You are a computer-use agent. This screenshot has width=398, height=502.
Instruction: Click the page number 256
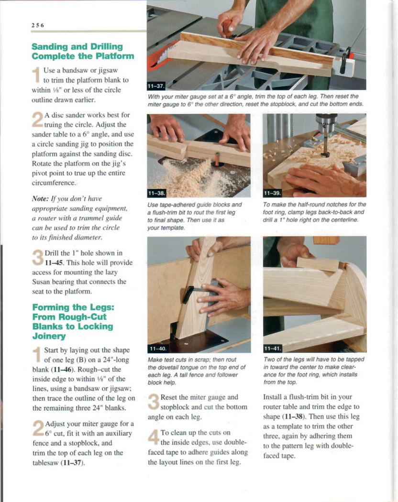(37, 25)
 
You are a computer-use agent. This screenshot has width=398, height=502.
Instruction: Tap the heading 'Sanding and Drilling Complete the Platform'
(83, 51)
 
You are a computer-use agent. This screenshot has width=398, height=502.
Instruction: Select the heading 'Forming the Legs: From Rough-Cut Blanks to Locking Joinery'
(73, 321)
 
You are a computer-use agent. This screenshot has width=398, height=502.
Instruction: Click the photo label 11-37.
(156, 86)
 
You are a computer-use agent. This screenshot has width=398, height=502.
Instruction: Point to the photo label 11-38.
(156, 193)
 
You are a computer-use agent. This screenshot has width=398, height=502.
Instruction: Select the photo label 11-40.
(158, 349)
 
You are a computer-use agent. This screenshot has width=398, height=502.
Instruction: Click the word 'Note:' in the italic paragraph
(40, 199)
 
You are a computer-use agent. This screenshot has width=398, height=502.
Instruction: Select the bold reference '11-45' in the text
(53, 263)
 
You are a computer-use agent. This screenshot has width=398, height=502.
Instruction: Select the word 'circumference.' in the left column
(54, 183)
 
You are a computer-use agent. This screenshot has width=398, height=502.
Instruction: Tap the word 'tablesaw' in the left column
(45, 463)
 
